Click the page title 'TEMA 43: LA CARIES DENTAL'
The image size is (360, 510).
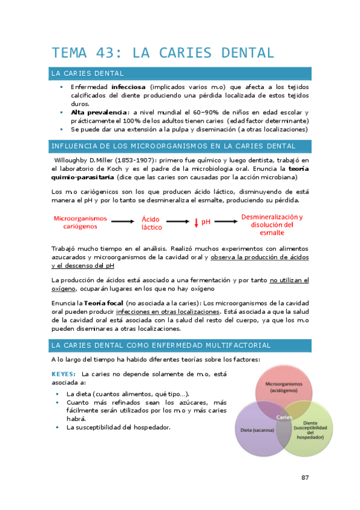(163, 52)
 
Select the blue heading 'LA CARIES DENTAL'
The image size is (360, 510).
(88, 73)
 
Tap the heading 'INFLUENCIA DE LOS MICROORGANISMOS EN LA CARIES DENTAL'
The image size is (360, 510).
(174, 146)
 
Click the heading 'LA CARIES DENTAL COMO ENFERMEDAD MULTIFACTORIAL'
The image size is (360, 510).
(161, 345)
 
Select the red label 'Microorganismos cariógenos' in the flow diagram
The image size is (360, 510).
(81, 223)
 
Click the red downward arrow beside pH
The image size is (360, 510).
(196, 223)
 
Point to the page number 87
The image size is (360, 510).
(305, 478)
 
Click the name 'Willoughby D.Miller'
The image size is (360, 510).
(82, 160)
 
